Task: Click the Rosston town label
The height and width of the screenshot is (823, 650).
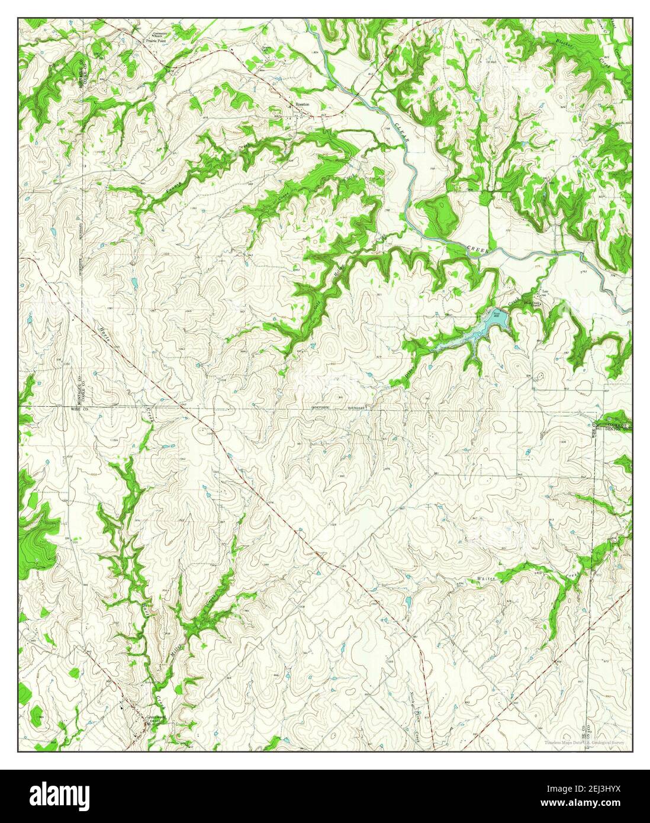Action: [303, 104]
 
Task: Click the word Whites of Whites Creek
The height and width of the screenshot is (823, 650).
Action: [485, 577]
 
